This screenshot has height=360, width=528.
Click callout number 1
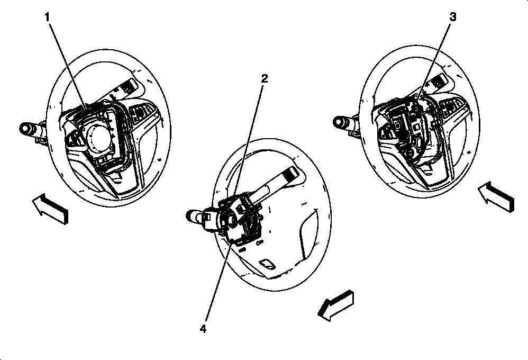[48, 17]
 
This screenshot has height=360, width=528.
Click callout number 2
[265, 78]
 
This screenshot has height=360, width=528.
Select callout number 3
[453, 17]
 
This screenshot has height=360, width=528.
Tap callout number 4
[203, 329]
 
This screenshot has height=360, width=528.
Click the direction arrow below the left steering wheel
[50, 209]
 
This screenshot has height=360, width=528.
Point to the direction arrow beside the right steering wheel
[496, 197]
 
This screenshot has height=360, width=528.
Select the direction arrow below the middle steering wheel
[336, 305]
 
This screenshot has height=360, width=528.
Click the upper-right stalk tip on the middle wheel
[290, 174]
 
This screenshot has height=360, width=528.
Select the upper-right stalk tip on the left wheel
[131, 86]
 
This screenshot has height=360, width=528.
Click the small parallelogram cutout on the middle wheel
[267, 264]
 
